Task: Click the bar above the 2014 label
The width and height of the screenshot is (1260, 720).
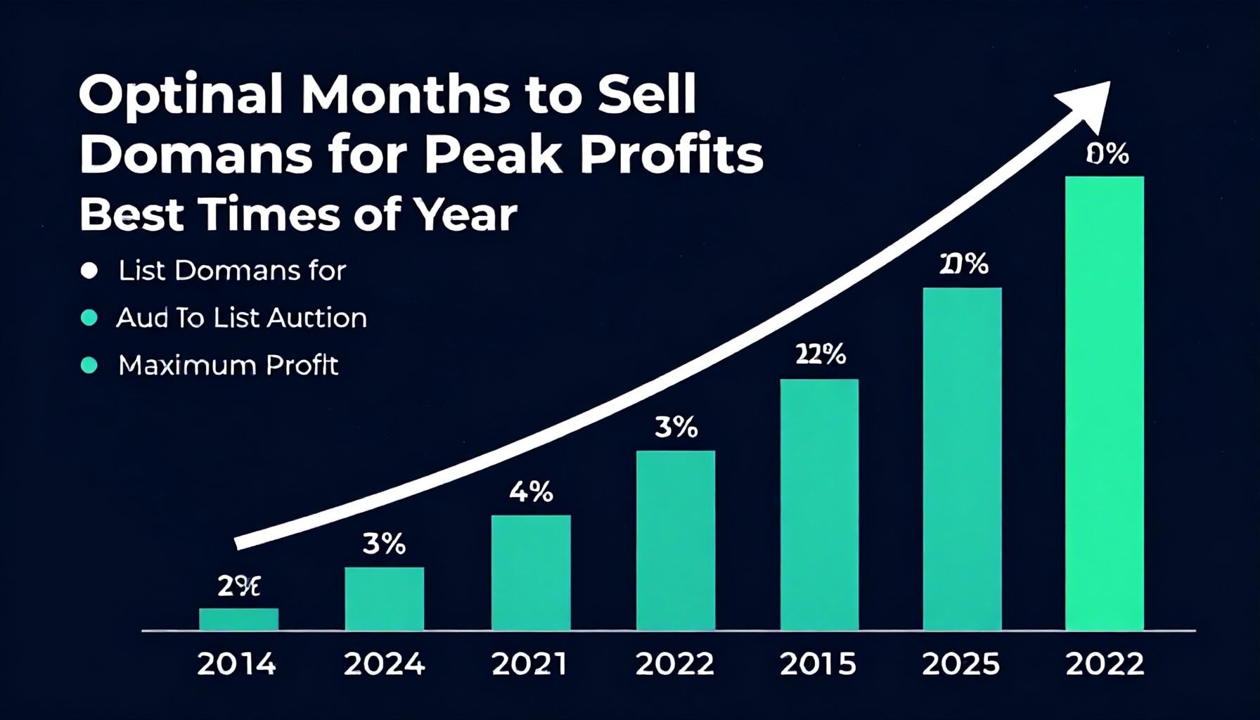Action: tap(238, 619)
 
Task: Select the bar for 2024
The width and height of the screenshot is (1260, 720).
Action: tap(384, 598)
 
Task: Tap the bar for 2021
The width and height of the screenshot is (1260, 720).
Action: tap(531, 572)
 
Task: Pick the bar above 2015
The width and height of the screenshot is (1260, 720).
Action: tap(819, 504)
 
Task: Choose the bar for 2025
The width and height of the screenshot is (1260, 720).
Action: tap(962, 458)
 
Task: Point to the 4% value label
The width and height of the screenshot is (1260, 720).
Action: tap(531, 492)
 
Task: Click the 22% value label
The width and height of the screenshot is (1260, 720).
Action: tap(820, 355)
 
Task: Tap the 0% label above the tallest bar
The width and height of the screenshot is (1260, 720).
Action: tap(1107, 154)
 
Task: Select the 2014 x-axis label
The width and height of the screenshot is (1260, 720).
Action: tap(236, 664)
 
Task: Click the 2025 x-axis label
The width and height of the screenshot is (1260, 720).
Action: tap(961, 664)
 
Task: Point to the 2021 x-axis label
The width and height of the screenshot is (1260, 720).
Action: tap(529, 664)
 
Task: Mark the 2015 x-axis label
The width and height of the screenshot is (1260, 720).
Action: tap(818, 664)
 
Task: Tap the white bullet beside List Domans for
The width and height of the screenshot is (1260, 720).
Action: tap(89, 271)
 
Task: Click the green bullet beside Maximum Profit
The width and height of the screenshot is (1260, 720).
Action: tap(89, 365)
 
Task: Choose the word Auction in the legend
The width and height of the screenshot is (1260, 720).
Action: tap(321, 318)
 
